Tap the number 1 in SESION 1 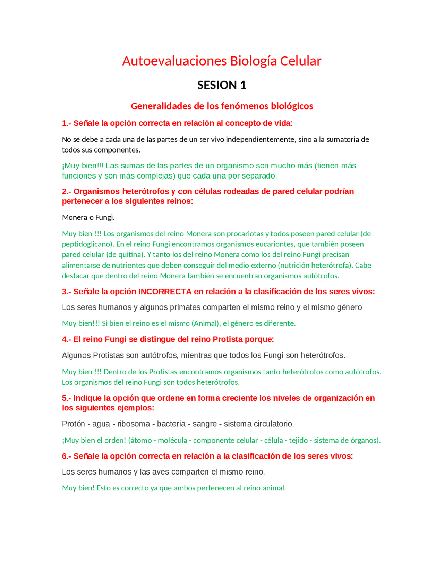point(243,85)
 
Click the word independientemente point(260,139)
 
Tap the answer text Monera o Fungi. point(88,217)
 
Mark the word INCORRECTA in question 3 point(165,292)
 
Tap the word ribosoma point(134,424)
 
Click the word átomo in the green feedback point(141,440)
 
